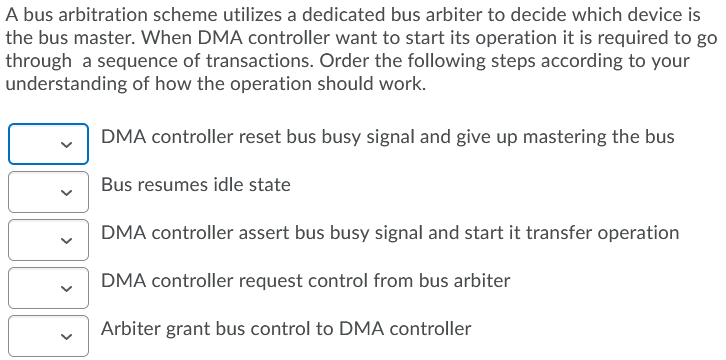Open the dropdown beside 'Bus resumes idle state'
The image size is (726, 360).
[49, 190]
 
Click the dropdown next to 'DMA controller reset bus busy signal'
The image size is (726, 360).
[49, 142]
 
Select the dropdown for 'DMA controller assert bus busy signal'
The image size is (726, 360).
[49, 238]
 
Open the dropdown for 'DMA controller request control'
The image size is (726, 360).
[49, 286]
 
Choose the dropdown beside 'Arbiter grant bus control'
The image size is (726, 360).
[49, 334]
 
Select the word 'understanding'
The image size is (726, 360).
[65, 85]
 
